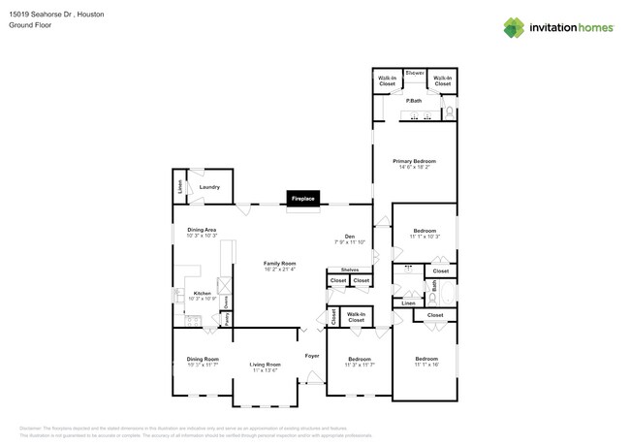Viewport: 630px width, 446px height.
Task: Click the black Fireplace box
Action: [302, 199]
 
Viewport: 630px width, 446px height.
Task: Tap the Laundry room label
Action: [209, 187]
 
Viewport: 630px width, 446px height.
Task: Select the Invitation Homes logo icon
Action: [513, 27]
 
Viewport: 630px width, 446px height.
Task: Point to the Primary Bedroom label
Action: [414, 161]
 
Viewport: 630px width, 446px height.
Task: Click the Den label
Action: [350, 236]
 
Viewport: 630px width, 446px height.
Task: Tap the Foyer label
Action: [312, 356]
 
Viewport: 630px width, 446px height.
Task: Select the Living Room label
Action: [265, 365]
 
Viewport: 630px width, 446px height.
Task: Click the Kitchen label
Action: [202, 293]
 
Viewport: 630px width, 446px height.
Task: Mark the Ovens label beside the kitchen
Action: [226, 301]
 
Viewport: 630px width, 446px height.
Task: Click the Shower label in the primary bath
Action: [414, 74]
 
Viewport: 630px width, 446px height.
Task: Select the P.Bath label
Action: [414, 101]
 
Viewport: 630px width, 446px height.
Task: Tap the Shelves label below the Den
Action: [349, 271]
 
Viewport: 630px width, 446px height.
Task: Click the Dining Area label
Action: [202, 230]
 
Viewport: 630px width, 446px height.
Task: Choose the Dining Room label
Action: [203, 359]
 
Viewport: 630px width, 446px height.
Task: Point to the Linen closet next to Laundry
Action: [179, 187]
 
